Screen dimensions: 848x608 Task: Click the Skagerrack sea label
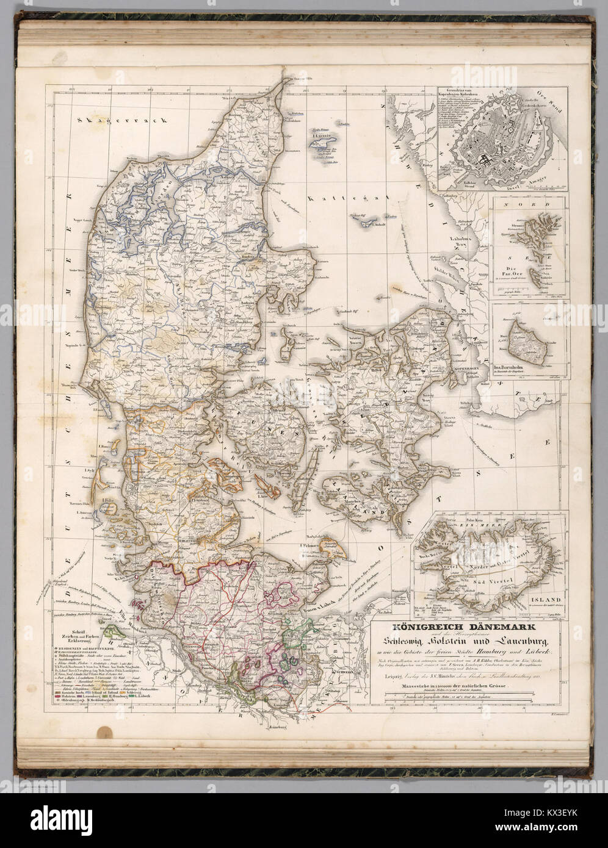click(x=120, y=121)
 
